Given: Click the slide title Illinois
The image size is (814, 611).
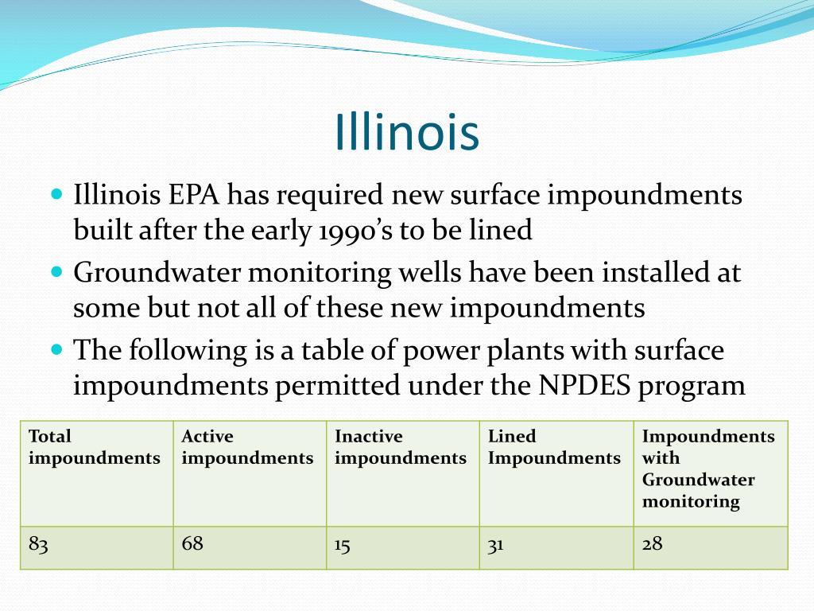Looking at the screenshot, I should tap(407, 132).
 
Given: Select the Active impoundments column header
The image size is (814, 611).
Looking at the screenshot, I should tap(247, 447).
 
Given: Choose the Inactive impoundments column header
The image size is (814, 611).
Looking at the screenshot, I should tap(401, 447).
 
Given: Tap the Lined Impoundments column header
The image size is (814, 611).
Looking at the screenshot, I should tap(554, 447).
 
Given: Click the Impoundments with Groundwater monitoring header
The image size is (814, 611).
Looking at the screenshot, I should tap(708, 469).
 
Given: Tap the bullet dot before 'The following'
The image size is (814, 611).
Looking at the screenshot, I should tap(56, 348).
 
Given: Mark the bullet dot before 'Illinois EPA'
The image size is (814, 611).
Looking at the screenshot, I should tap(56, 193).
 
